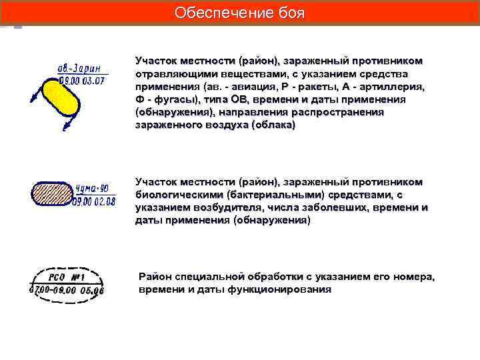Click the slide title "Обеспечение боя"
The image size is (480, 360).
[239, 13]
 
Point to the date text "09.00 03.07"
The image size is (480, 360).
[83, 81]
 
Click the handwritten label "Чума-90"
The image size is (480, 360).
[95, 188]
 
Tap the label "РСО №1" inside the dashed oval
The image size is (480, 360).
[66, 276]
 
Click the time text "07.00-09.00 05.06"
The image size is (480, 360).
[67, 291]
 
